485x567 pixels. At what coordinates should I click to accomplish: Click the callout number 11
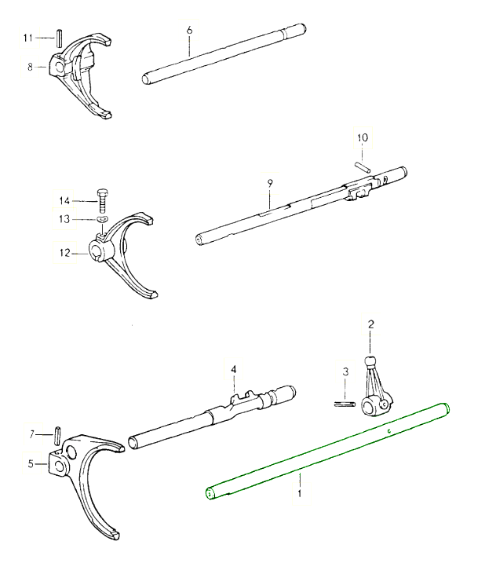coord(27,37)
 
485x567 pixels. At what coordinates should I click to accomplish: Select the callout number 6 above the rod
coord(189,30)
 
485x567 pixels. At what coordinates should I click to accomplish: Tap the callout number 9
coord(269,182)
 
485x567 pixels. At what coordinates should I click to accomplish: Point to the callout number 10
coord(362,137)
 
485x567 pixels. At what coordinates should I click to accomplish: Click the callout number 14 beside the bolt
coord(64,202)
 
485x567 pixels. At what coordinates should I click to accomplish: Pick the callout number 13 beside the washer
coord(64,219)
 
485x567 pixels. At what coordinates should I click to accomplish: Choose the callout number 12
coord(64,253)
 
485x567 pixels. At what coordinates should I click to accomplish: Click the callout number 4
coord(233,368)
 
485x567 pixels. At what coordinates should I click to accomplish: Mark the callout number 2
coord(370,324)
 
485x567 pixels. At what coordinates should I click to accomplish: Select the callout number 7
coord(31,433)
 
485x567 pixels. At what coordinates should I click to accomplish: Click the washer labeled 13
coord(102,220)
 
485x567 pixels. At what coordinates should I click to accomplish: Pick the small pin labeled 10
coord(363,165)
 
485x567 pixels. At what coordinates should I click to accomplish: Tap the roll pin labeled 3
coord(343,405)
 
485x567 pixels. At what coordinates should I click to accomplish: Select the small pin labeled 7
coord(58,433)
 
